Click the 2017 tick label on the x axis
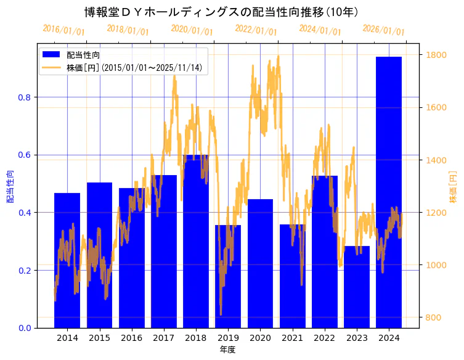pyautogui.click(x=164, y=338)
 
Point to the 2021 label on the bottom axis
pyautogui.click(x=293, y=338)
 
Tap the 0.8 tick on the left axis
pyautogui.click(x=26, y=97)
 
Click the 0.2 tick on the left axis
pyautogui.click(x=26, y=271)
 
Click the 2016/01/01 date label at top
pyautogui.click(x=63, y=30)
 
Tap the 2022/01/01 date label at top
pyautogui.click(x=256, y=30)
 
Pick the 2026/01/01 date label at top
pyautogui.click(x=383, y=30)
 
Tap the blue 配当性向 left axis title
pyautogui.click(x=10, y=187)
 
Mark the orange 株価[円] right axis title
pyautogui.click(x=453, y=187)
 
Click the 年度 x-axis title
pyautogui.click(x=227, y=350)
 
